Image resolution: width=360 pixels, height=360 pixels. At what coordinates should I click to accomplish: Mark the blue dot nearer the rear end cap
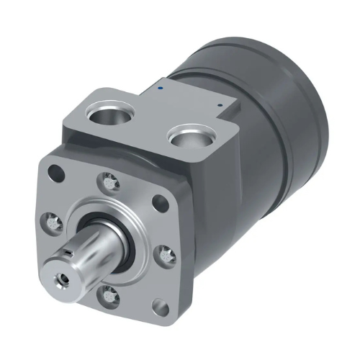click(x=220, y=105)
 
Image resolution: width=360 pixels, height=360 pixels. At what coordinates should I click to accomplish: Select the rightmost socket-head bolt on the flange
click(x=166, y=253)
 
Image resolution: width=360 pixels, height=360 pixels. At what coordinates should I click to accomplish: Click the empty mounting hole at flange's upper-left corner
click(x=55, y=173)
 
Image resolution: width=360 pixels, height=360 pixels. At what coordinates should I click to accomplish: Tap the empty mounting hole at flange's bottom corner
click(x=160, y=309)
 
